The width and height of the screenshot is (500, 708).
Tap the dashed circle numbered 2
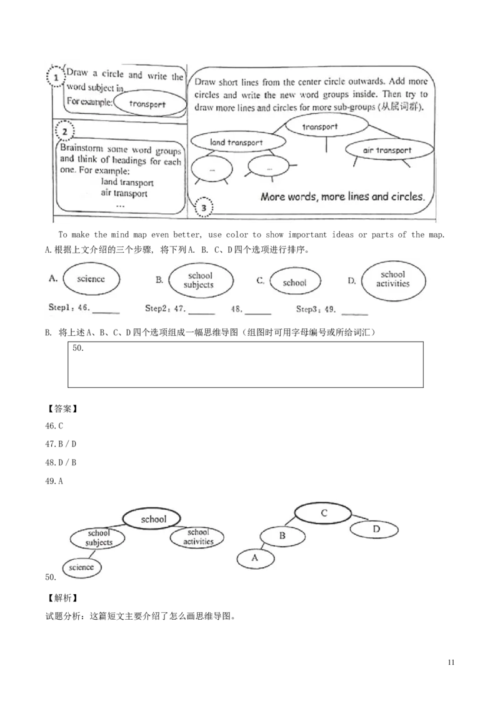[x=64, y=131]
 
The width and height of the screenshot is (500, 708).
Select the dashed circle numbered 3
[x=204, y=208]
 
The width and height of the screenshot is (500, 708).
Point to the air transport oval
[x=387, y=150]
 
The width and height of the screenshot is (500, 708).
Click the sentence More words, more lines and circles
[x=342, y=196]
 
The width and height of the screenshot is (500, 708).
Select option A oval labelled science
[x=91, y=280]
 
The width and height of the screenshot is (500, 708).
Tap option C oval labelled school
[x=294, y=283]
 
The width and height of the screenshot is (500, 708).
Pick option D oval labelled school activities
[x=393, y=279]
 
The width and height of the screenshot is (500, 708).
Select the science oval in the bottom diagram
[x=81, y=567]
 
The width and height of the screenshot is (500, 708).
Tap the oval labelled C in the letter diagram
[x=324, y=513]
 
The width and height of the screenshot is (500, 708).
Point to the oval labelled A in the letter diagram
[x=255, y=557]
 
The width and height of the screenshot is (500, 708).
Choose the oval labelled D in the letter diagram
[x=376, y=530]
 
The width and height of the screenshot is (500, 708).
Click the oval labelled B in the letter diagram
[x=282, y=536]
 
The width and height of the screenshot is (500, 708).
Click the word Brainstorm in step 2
[x=80, y=149]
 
